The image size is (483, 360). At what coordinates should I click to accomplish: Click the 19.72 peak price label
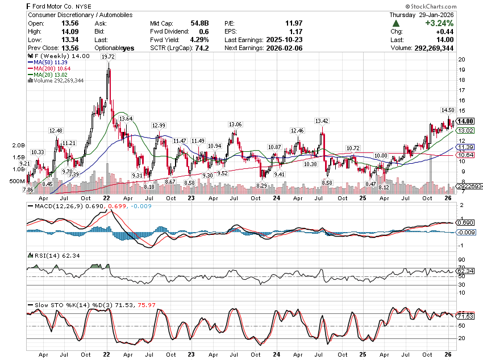[x=107, y=57]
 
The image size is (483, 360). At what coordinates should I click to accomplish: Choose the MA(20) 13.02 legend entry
[x=49, y=75]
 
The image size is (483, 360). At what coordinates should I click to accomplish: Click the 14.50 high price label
[x=448, y=110]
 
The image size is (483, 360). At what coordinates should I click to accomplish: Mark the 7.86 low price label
[x=27, y=189]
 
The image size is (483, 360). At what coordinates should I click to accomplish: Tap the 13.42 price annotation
[x=322, y=121]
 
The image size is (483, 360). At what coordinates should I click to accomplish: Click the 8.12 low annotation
[x=384, y=187]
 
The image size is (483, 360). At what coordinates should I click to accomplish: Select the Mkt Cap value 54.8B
[x=200, y=23]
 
